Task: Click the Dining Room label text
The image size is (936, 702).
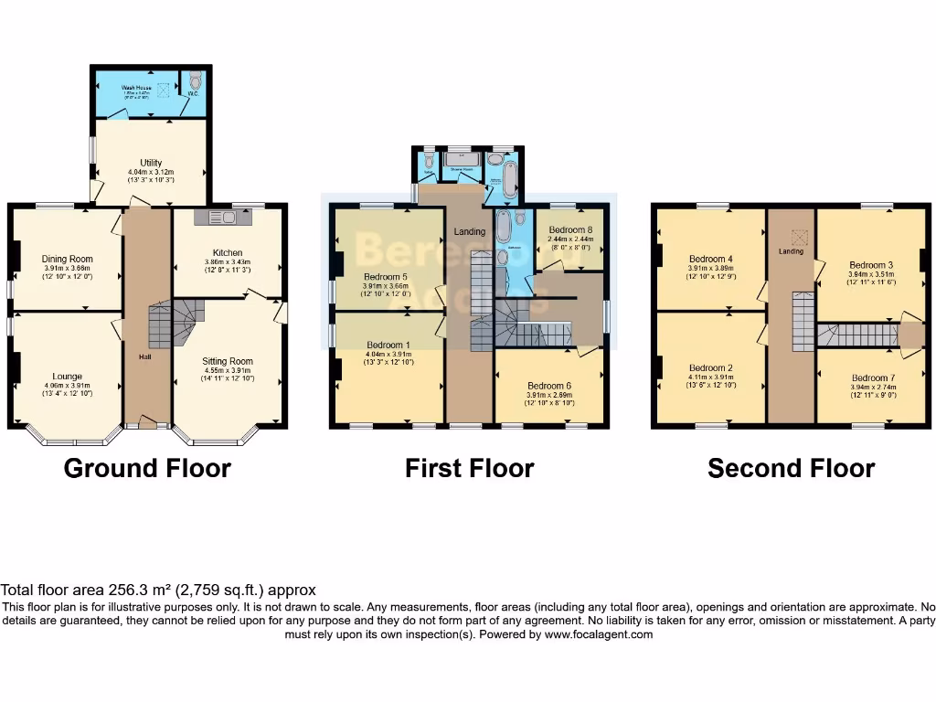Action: click(68, 259)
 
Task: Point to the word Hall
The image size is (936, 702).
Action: click(144, 356)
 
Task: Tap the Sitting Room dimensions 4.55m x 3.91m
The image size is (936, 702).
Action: click(229, 372)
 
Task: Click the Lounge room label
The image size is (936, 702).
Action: click(68, 376)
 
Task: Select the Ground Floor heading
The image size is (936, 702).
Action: click(147, 469)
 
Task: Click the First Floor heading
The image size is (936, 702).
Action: click(469, 469)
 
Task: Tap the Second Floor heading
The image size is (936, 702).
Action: click(791, 469)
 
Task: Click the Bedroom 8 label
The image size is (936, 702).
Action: click(570, 230)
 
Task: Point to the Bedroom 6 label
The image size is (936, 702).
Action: click(549, 386)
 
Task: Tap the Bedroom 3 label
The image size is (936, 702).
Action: click(871, 265)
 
